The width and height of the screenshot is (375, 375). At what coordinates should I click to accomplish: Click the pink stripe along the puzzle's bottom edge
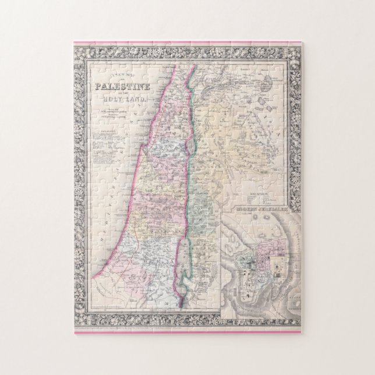click(x=187, y=332)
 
